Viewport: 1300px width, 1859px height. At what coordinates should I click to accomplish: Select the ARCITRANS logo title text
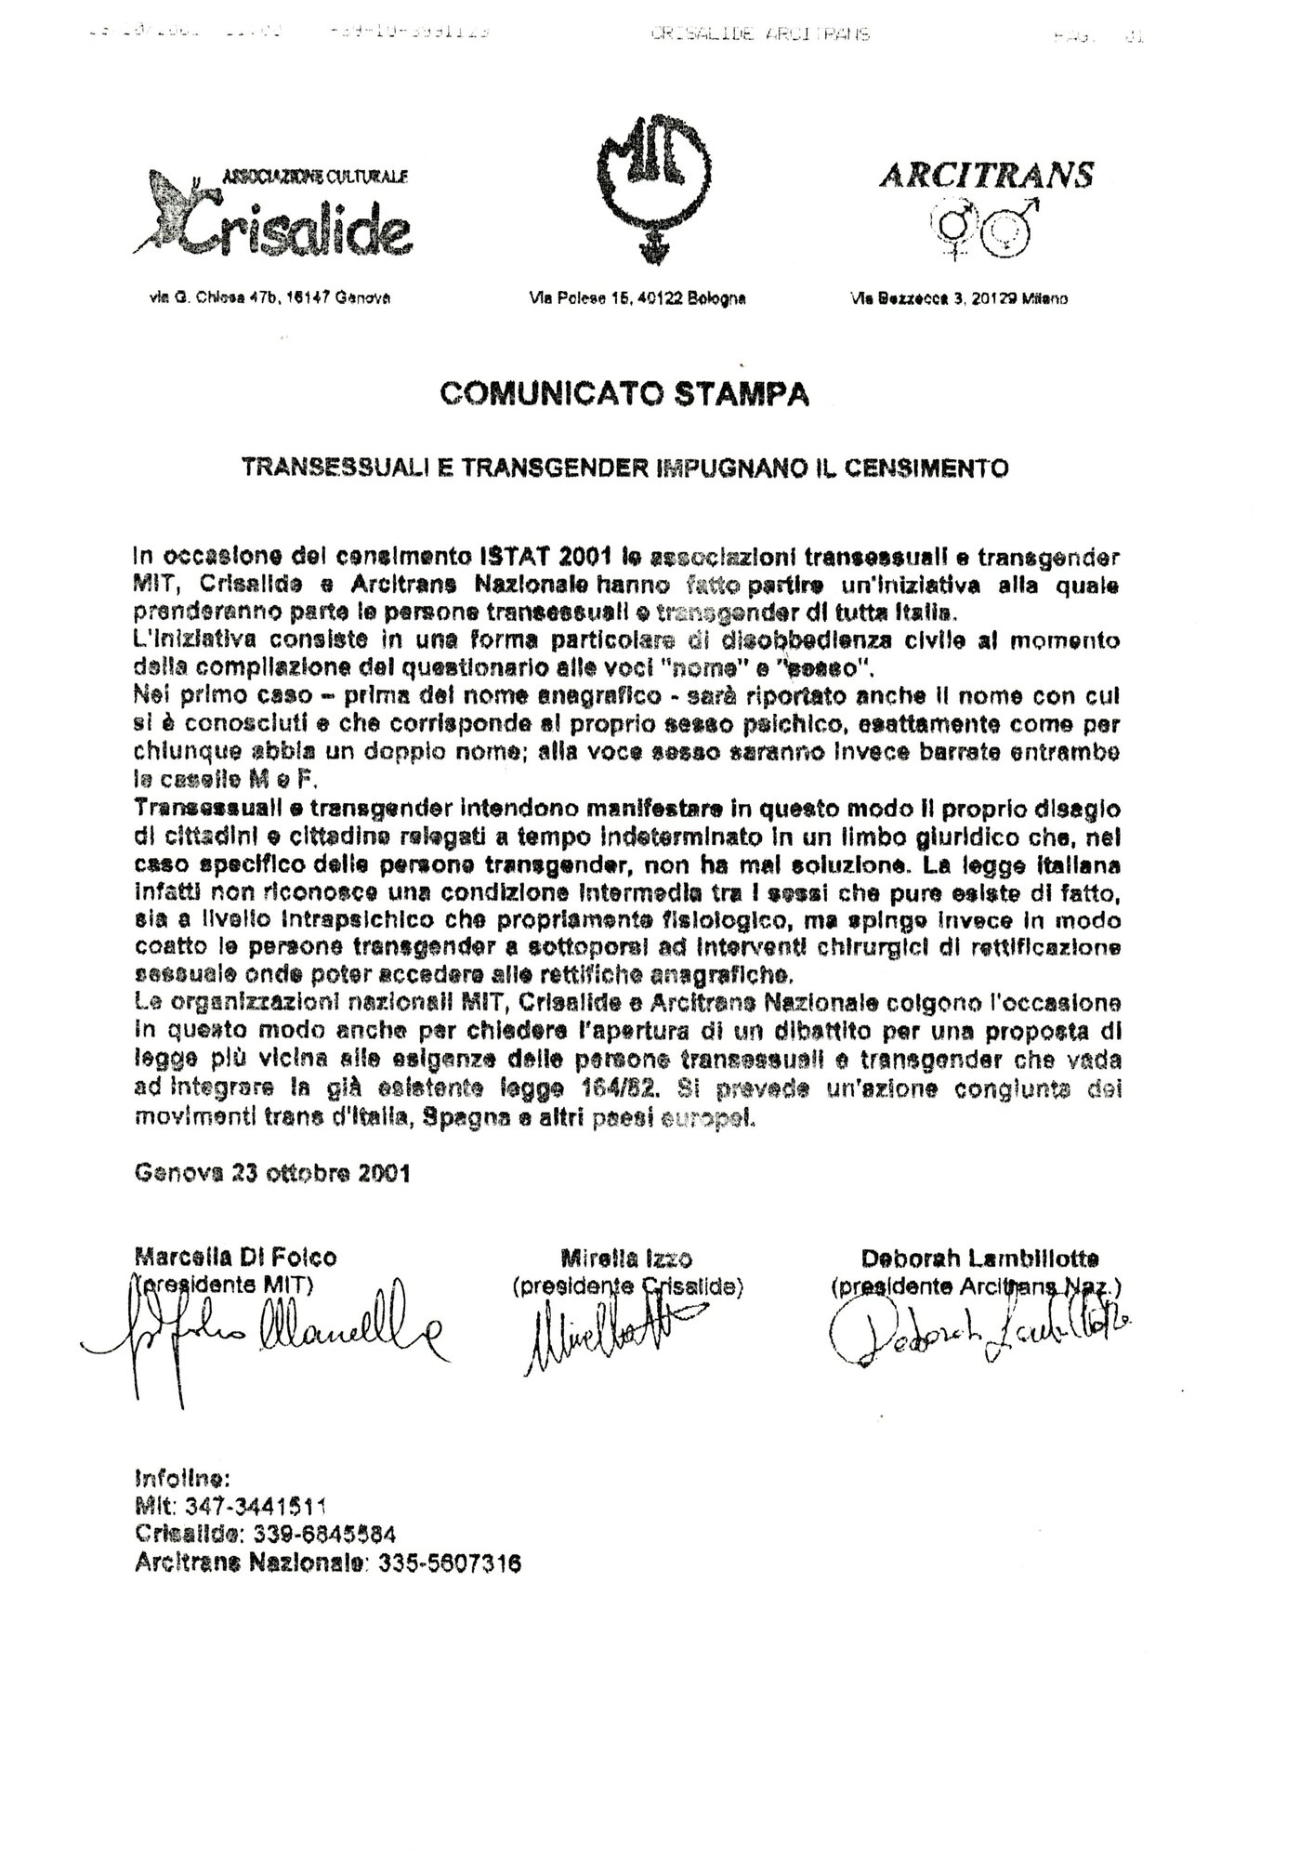point(986,176)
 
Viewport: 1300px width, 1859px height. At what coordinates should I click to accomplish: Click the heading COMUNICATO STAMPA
point(624,393)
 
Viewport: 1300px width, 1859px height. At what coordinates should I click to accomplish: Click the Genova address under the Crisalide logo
point(269,298)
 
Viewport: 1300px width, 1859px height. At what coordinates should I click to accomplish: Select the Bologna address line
point(637,298)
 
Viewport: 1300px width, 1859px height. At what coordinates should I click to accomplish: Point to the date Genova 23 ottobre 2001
point(272,1172)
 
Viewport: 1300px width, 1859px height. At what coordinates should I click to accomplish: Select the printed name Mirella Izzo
point(626,1259)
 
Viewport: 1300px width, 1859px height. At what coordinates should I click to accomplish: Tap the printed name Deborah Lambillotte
point(979,1259)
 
